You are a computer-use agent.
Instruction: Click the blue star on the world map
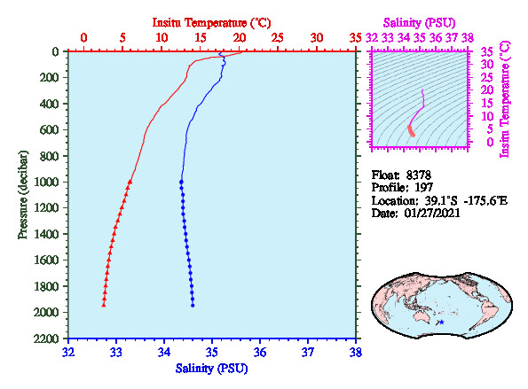(x=441, y=322)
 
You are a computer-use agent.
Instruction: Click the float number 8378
(x=418, y=175)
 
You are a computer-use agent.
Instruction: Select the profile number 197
(x=423, y=187)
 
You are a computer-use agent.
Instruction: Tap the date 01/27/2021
(x=432, y=214)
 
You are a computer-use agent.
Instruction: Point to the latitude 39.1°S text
(x=441, y=201)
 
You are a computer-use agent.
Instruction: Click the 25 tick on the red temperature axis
(x=278, y=37)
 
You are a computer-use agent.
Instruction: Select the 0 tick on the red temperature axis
(x=83, y=37)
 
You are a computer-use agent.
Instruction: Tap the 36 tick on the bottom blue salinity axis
(x=260, y=353)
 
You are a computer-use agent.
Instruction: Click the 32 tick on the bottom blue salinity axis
(x=68, y=353)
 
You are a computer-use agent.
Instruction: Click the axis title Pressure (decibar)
(x=23, y=195)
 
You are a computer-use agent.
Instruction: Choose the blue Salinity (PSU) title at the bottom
(x=211, y=369)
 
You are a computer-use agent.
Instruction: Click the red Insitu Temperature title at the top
(x=211, y=23)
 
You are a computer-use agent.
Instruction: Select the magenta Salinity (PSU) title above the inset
(x=419, y=23)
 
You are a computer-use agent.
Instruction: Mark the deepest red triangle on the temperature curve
(x=104, y=305)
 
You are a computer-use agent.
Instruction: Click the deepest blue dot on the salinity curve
(x=193, y=306)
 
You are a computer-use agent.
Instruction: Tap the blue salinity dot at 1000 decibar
(x=181, y=182)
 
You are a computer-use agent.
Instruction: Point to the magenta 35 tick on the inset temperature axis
(x=487, y=51)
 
